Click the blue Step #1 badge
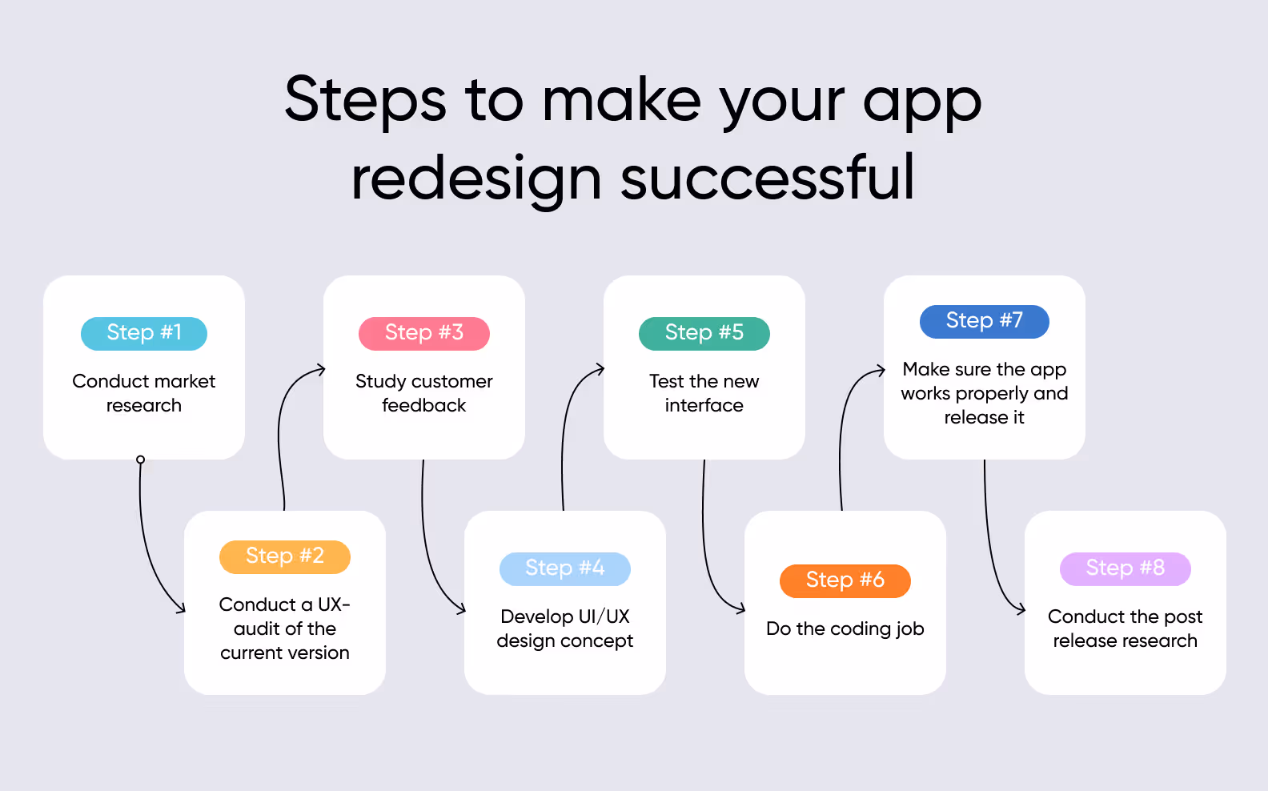[144, 333]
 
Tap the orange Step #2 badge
[285, 556]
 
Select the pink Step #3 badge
[424, 333]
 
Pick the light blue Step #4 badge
[565, 568]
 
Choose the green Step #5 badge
[704, 333]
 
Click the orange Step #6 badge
[845, 580]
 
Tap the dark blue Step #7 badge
[985, 321]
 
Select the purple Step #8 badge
[1126, 568]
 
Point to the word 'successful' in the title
[767, 178]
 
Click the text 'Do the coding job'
[845, 629]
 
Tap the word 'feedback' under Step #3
[424, 406]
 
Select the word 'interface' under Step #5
[704, 406]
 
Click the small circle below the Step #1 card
[141, 460]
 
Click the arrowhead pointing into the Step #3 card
[322, 369]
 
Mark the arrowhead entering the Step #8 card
[1021, 611]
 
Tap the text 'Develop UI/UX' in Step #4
[565, 616]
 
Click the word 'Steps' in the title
[365, 100]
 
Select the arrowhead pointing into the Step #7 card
[881, 370]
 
